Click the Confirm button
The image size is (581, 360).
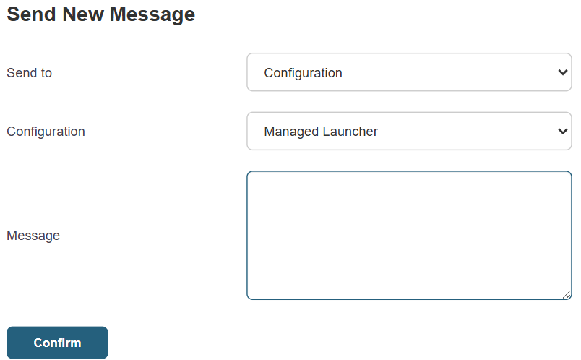pyautogui.click(x=57, y=343)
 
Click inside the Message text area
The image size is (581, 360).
pyautogui.click(x=409, y=235)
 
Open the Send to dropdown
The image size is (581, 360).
pyautogui.click(x=409, y=72)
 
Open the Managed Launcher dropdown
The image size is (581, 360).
pyautogui.click(x=409, y=132)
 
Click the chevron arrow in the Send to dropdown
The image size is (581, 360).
pyautogui.click(x=562, y=72)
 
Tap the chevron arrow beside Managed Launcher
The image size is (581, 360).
pyautogui.click(x=562, y=132)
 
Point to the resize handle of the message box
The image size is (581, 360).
pyautogui.click(x=567, y=295)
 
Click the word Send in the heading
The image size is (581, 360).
pyautogui.click(x=32, y=14)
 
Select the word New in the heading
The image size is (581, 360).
pyautogui.click(x=83, y=14)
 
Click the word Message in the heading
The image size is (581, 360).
pyautogui.click(x=152, y=15)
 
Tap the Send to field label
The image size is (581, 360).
pyautogui.click(x=30, y=73)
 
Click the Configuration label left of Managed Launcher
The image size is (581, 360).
pyautogui.click(x=46, y=132)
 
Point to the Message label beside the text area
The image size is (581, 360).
pyautogui.click(x=33, y=236)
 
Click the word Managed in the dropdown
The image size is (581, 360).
pyautogui.click(x=291, y=132)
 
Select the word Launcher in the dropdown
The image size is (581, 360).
pyautogui.click(x=350, y=132)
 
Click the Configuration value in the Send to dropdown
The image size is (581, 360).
pyautogui.click(x=303, y=73)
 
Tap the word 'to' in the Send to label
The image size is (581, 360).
pyautogui.click(x=46, y=73)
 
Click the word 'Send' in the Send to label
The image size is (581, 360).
pyautogui.click(x=22, y=73)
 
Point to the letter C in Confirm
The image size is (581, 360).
pyautogui.click(x=38, y=343)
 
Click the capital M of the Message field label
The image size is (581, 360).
pyautogui.click(x=12, y=236)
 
